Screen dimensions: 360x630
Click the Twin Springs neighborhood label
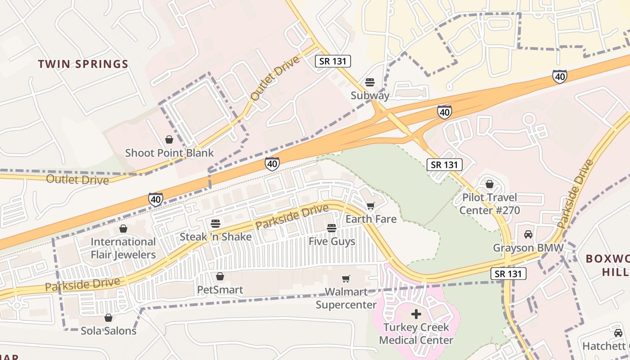coord(83,64)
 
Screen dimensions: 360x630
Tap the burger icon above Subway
coord(370,82)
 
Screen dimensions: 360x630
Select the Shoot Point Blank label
coord(170,153)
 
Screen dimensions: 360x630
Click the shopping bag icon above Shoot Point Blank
coord(169,139)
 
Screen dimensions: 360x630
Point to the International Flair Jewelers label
coord(123,248)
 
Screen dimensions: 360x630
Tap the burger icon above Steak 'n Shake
coord(216,224)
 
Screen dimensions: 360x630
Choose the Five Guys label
coord(332,242)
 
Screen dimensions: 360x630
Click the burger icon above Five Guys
coord(332,228)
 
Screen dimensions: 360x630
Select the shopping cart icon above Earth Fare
coord(370,206)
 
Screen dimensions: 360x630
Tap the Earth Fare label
coord(371,219)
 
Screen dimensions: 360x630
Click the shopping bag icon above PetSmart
coord(220,276)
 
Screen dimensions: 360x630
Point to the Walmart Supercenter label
coord(346,298)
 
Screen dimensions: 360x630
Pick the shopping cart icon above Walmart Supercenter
coord(346,279)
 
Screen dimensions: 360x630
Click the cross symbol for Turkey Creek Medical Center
coord(416,314)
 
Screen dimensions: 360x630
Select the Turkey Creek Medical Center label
coord(416,333)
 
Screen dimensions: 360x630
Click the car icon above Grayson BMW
coord(528,234)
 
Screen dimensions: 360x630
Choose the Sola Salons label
coord(108,331)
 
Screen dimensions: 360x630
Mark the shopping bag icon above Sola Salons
coord(108,318)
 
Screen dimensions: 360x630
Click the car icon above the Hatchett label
coord(618,333)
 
